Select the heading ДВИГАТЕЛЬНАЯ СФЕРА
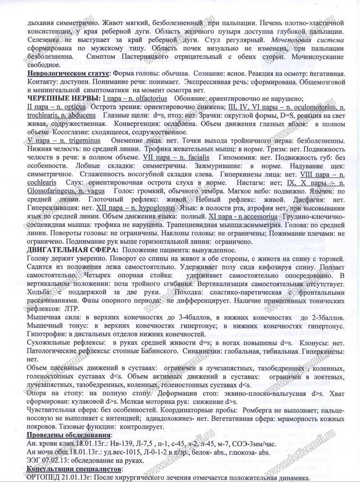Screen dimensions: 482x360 click(x=72, y=249)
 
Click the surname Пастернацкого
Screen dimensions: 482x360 click(x=137, y=57)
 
